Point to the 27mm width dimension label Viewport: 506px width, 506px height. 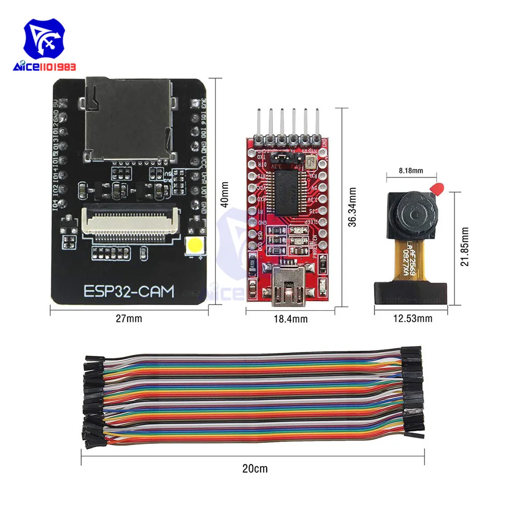[129, 318]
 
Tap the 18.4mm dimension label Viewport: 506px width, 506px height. [291, 319]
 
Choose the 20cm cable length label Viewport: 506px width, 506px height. [255, 469]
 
